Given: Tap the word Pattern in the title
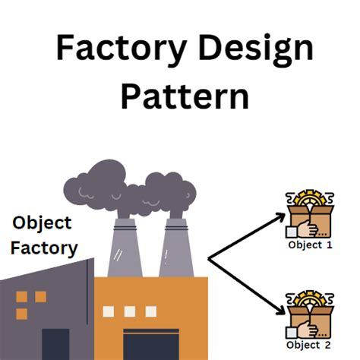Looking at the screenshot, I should (x=185, y=96).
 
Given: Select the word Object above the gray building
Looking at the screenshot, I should (x=42, y=223).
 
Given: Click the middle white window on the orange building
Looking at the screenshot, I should (x=130, y=311).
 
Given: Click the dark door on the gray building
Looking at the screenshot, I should (x=55, y=344).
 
